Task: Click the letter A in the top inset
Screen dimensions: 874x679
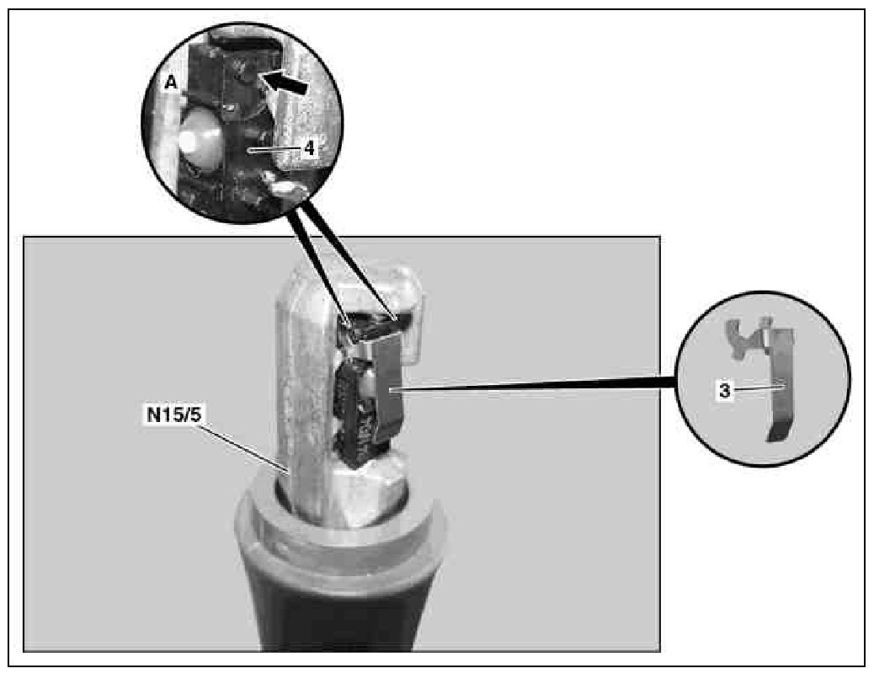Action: [x=171, y=83]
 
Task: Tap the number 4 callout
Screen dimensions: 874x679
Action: [x=310, y=148]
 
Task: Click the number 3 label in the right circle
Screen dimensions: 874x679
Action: [x=725, y=391]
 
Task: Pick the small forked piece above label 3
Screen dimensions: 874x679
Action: [x=747, y=337]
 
